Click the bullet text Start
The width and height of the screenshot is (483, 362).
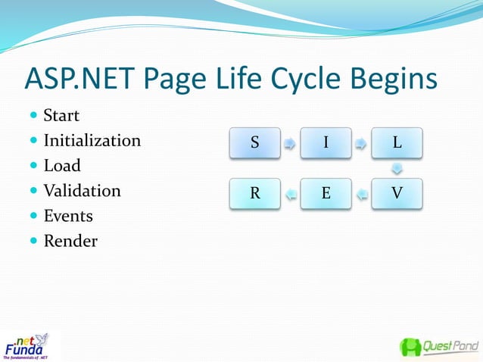point(61,116)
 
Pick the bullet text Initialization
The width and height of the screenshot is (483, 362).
point(92,141)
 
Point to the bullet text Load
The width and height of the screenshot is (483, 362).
point(61,166)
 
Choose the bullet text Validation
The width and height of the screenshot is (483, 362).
point(82,191)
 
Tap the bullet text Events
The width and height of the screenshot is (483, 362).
point(68,216)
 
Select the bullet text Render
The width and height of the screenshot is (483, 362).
point(70,241)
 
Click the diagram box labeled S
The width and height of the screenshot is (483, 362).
point(255,142)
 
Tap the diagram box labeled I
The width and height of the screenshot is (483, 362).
point(326,142)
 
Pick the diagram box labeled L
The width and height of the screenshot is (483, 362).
point(397,142)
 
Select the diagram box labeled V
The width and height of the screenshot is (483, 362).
point(397,193)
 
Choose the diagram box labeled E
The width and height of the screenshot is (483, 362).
point(326,193)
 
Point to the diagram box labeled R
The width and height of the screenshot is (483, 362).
point(255,193)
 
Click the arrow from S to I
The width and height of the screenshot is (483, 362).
point(290,142)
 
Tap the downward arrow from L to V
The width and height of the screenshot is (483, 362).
point(397,167)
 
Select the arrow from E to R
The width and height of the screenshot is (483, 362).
point(290,195)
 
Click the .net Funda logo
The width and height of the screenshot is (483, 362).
point(29,345)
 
